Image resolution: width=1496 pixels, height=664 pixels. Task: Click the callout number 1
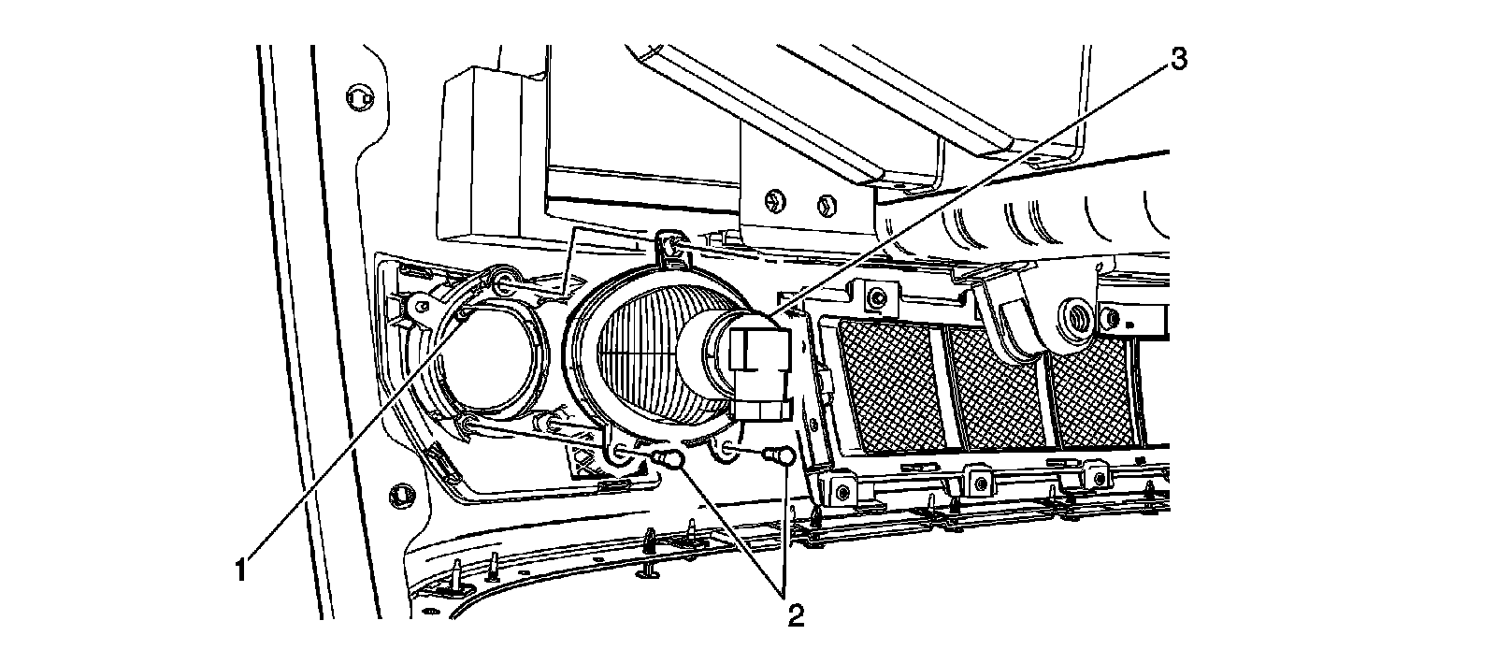[x=240, y=568]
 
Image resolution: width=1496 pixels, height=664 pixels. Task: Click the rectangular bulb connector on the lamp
[x=760, y=370]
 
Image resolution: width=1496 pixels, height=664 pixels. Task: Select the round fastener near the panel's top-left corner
[x=355, y=94]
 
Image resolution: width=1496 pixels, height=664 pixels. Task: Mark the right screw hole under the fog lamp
[x=726, y=455]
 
